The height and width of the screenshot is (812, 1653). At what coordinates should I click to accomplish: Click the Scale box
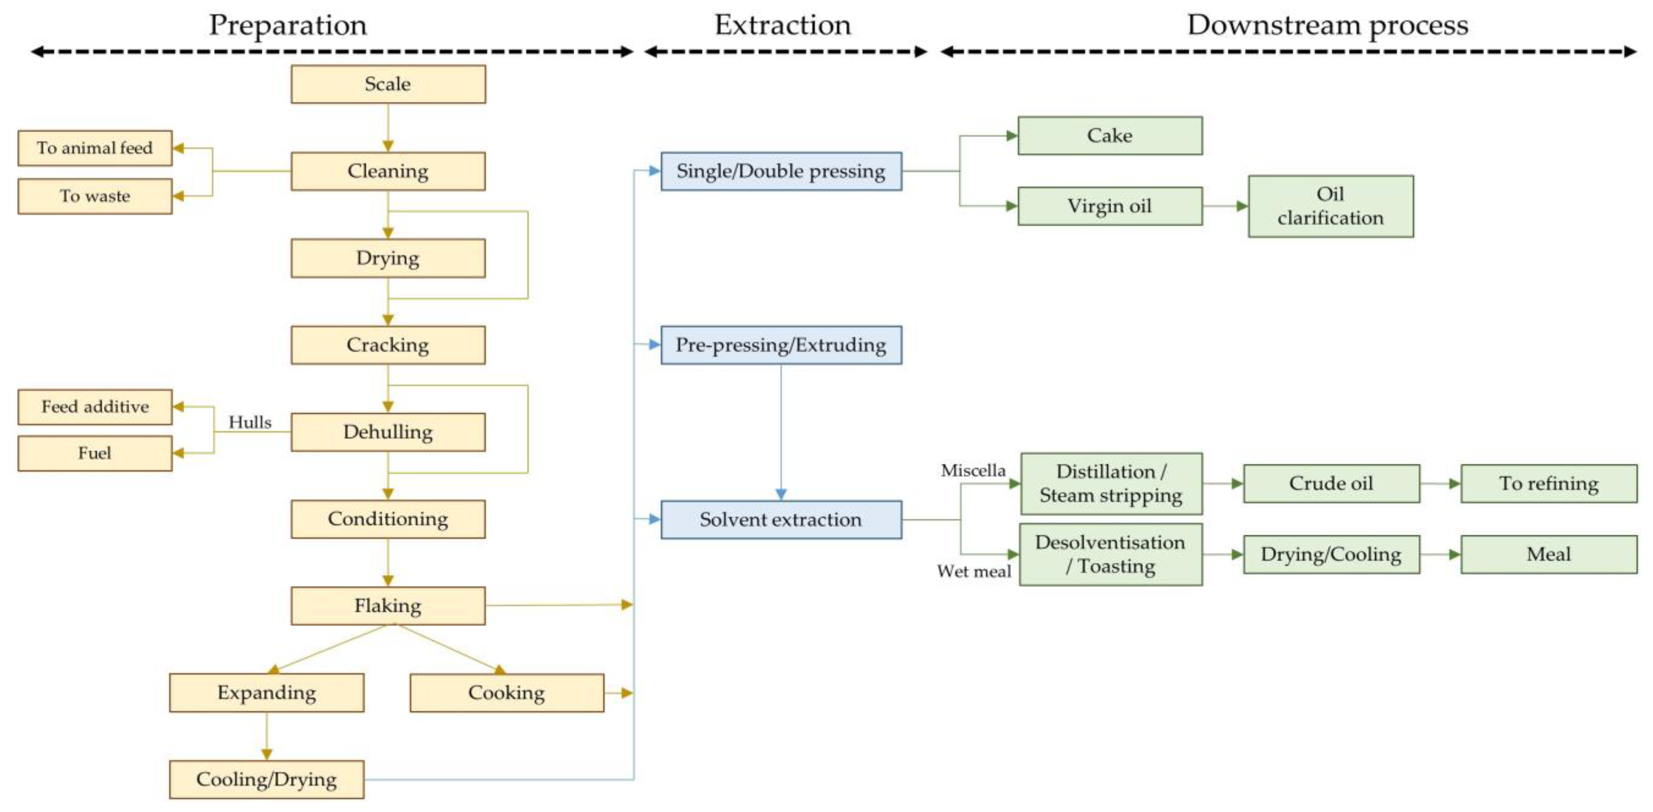pos(387,84)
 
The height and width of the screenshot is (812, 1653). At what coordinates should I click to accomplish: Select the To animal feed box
pos(95,148)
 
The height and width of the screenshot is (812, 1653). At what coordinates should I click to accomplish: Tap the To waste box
pos(95,196)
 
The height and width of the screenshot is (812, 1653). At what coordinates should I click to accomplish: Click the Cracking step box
pos(387,345)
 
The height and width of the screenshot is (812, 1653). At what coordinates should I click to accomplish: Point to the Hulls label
pos(250,422)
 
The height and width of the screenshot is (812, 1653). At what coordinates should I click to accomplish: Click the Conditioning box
pos(387,519)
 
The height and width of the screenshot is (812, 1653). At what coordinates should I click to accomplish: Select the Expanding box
pos(266,693)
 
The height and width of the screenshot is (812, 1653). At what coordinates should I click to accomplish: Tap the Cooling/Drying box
pos(266,779)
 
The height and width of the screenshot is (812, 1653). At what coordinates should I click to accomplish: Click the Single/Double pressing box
pos(781,171)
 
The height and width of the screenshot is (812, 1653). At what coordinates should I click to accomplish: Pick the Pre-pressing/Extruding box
pos(781,345)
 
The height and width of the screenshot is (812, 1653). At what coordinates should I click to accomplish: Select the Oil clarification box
pos(1330,206)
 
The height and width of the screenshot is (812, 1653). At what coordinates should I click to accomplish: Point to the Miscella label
pos(973,471)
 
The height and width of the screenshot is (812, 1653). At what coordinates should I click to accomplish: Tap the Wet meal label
pos(974,571)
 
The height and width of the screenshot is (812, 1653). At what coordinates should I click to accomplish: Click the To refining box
pos(1548,484)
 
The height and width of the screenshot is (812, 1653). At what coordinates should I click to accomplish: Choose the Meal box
pos(1548,554)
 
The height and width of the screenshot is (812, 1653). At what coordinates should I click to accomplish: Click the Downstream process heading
pos(1327,26)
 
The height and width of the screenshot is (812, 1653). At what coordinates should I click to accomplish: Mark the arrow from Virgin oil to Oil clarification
pos(1225,206)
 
